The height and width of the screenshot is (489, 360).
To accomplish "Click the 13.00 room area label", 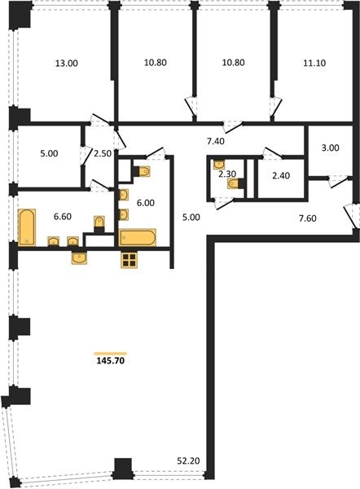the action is [67, 64].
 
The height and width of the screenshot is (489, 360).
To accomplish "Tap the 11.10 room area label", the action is [314, 63].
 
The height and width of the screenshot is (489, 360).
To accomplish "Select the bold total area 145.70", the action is [111, 361].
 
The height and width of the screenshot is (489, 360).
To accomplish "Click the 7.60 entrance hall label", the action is [308, 218].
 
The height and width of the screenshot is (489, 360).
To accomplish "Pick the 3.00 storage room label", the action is [331, 148].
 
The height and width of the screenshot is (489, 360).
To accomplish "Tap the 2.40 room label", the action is [281, 175].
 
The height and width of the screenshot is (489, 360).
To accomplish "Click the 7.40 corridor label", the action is [216, 141].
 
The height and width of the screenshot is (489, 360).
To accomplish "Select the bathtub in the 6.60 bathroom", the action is [27, 227].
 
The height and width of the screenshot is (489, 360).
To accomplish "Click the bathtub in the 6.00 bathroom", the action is [138, 238].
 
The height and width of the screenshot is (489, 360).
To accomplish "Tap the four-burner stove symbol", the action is [129, 260].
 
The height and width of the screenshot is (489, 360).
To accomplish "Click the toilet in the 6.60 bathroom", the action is [99, 224].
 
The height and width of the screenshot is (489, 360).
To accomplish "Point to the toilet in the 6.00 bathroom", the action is [142, 171].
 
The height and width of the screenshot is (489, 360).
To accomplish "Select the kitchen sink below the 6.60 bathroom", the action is [80, 258].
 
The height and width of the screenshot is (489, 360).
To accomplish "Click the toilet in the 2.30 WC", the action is [235, 183].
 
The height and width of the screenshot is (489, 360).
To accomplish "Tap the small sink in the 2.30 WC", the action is [219, 164].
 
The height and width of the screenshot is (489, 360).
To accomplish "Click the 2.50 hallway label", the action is [103, 153].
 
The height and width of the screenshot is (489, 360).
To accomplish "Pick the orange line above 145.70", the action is [111, 354].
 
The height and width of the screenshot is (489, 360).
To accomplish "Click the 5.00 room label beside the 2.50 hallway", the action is [49, 153].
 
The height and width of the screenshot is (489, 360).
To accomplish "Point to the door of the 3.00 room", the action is [339, 182].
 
